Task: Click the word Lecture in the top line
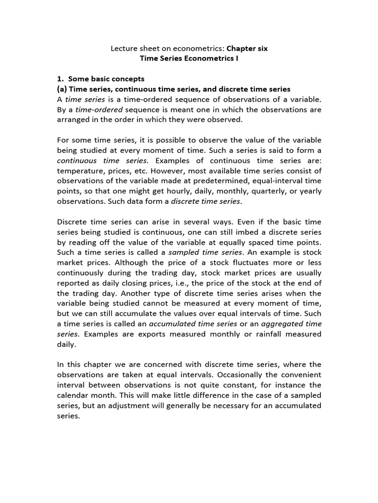coord(123,49)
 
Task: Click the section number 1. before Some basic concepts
coord(61,79)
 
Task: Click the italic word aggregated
coord(283,324)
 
